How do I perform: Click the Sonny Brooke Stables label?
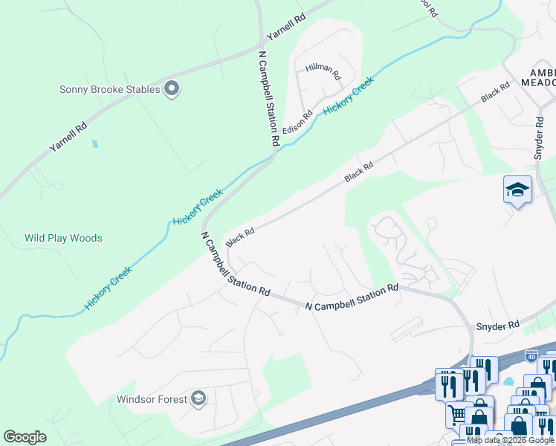[x=110, y=90]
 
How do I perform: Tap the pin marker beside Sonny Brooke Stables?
[x=172, y=89]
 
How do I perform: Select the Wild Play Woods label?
[x=63, y=239]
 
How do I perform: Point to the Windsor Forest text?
[x=152, y=399]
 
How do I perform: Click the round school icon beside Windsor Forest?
[x=198, y=399]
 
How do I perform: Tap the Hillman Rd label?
[x=323, y=72]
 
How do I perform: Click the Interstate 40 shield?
[x=531, y=356]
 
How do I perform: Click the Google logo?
[x=25, y=437]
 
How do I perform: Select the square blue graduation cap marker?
[x=517, y=190]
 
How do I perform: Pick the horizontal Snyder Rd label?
[x=498, y=326]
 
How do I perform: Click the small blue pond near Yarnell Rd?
[x=94, y=143]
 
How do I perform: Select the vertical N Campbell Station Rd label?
[x=269, y=97]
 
